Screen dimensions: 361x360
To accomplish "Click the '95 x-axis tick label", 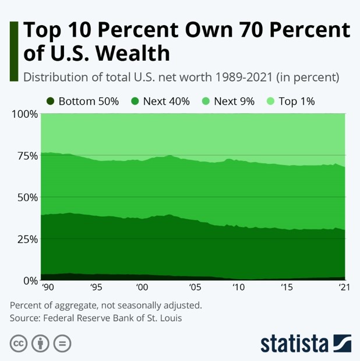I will coord(97,288).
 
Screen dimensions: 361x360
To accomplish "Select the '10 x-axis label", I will coord(238,288).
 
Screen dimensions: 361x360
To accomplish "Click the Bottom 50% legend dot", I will coord(51,101).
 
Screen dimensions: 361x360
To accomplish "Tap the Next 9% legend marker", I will coord(204,101).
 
